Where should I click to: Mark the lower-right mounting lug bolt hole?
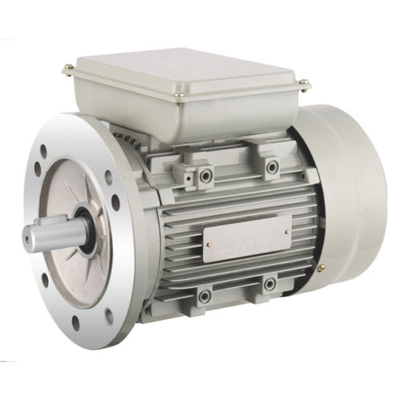tap(269, 284)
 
